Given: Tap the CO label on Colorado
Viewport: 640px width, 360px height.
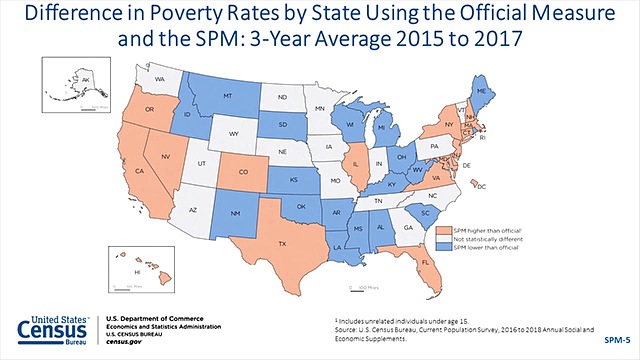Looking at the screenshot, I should [x=243, y=169].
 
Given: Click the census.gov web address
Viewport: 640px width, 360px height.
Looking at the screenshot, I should [x=124, y=340].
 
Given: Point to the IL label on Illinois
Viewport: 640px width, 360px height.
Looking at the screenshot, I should [x=353, y=158].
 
